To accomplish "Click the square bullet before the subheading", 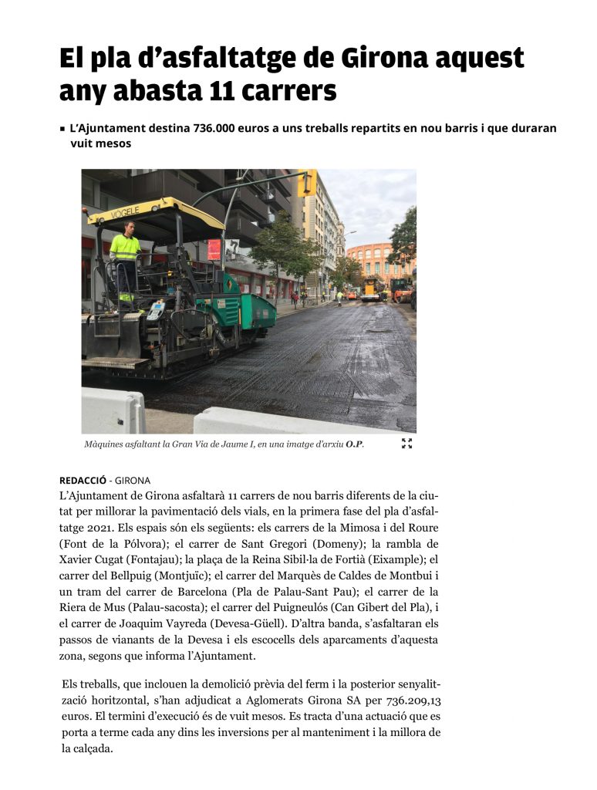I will [62, 129].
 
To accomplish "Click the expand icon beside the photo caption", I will [406, 444].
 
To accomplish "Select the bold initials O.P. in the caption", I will [354, 444].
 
